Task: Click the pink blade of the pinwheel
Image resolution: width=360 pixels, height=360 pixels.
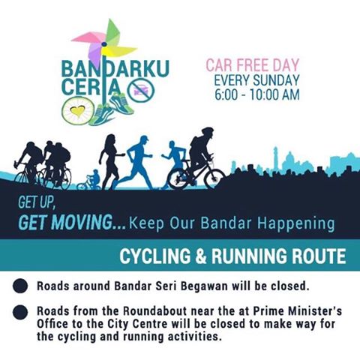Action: [88, 37]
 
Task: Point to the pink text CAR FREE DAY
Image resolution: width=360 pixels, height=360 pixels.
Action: [253, 65]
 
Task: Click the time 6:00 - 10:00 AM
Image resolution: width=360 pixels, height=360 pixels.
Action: [257, 94]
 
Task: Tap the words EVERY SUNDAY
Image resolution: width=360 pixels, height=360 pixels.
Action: [256, 80]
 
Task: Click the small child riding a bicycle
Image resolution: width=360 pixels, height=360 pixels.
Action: [90, 180]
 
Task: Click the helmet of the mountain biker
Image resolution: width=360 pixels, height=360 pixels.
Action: [208, 130]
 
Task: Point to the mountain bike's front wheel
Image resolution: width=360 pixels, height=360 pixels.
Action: [214, 178]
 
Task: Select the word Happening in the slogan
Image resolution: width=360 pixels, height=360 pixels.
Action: [296, 223]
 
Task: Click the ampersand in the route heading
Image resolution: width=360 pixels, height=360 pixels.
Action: [200, 256]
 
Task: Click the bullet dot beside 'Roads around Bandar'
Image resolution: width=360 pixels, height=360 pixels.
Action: [20, 286]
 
